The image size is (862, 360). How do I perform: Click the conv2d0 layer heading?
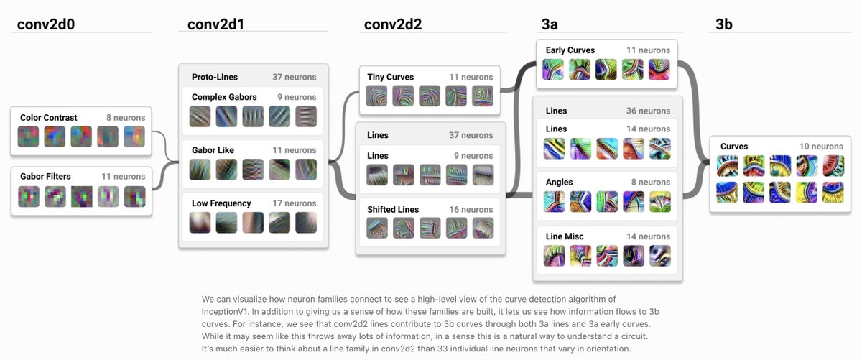pos(46,24)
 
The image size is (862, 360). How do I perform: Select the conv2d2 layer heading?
pos(393,24)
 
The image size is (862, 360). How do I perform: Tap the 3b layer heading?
pos(723,24)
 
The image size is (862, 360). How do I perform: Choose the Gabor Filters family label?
pos(47,176)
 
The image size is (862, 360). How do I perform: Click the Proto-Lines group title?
pos(214,77)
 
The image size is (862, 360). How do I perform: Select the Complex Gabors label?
pos(223,97)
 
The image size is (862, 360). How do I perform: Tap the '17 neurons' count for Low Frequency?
pos(294,203)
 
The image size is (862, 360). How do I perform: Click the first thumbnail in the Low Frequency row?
pos(200,223)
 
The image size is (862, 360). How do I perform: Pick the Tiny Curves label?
pos(390,77)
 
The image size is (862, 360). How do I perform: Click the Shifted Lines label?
pos(392,210)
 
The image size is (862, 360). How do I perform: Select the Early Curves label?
pos(570,50)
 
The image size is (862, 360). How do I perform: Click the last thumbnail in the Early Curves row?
pos(659,70)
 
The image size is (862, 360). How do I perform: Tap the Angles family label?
pos(559,183)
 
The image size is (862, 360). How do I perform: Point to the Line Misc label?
pos(565,236)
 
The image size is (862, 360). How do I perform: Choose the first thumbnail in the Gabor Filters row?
pos(29,196)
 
